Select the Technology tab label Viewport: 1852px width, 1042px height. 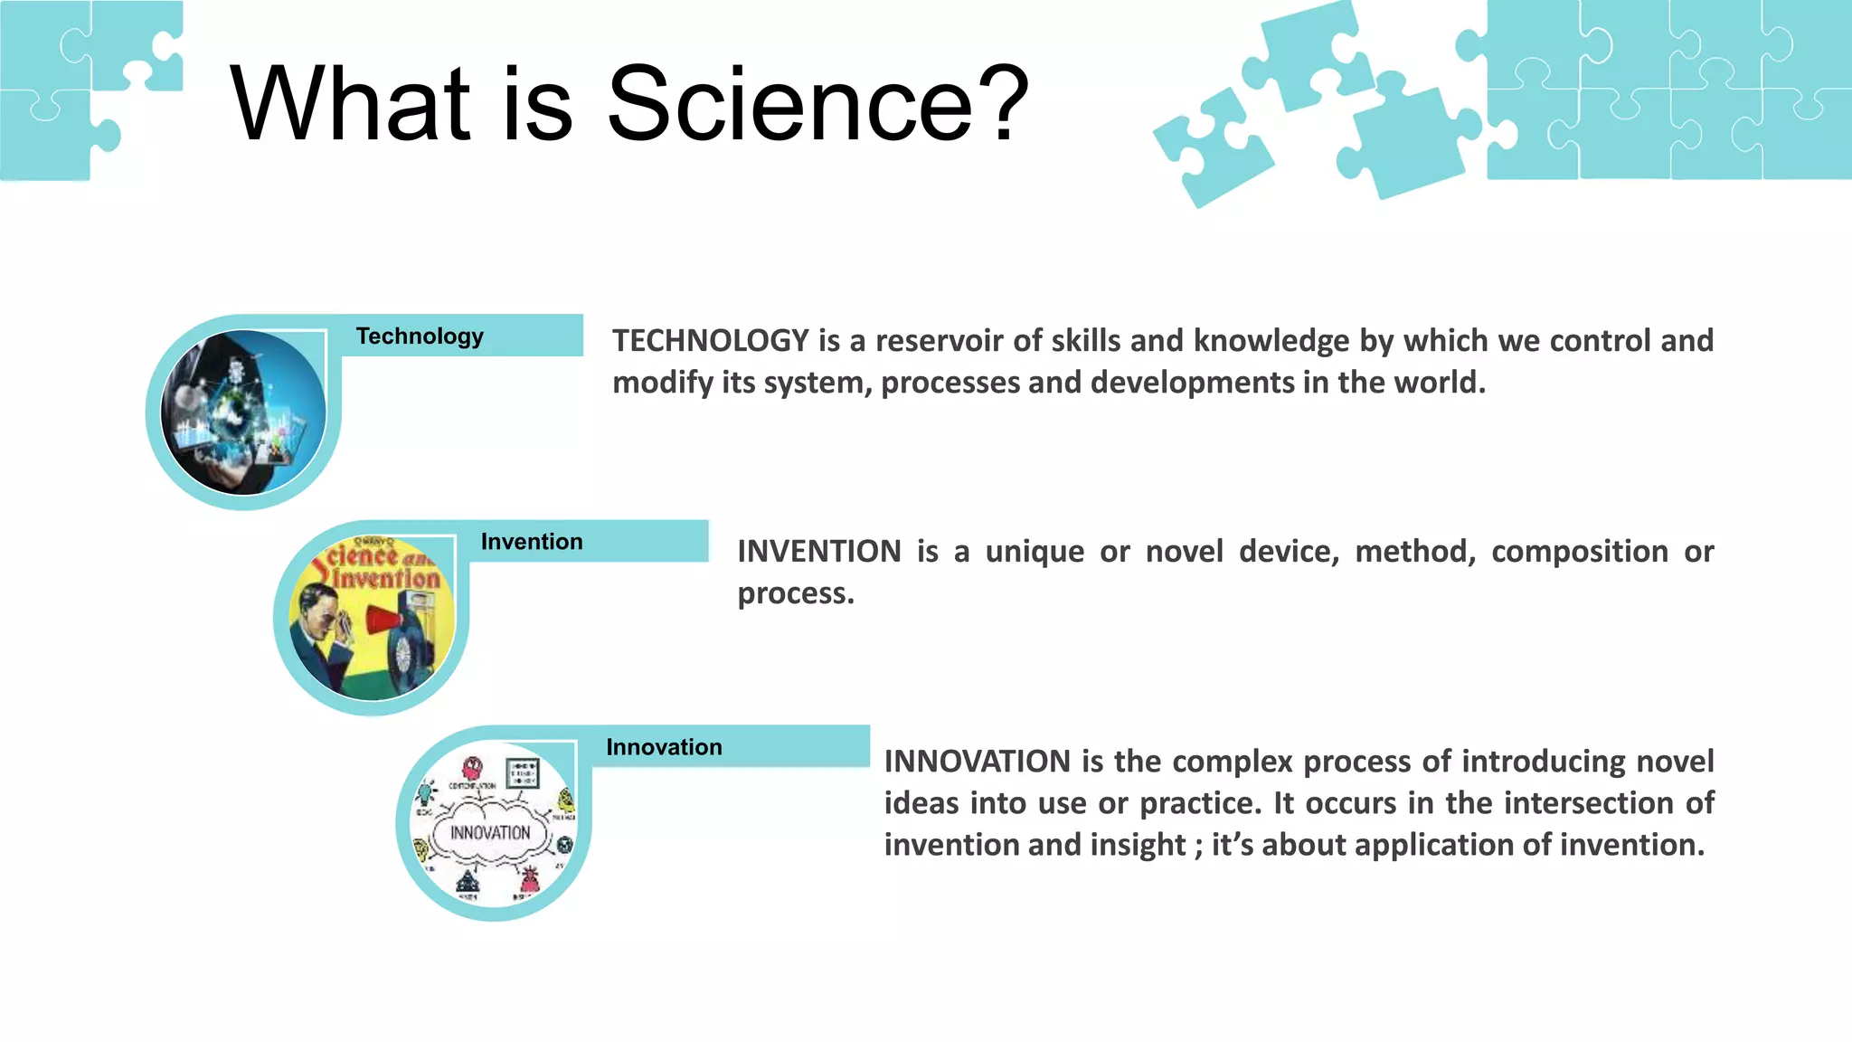pyautogui.click(x=420, y=336)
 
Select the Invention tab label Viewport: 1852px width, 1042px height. pyautogui.click(x=532, y=542)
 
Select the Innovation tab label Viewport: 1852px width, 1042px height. pyautogui.click(x=664, y=747)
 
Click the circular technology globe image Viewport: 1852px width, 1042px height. pyautogui.click(x=243, y=412)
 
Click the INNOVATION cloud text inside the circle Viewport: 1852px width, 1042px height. pyautogui.click(x=490, y=832)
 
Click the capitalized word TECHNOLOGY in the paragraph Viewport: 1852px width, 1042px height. pyautogui.click(x=710, y=341)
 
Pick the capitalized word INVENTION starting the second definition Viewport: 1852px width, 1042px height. pyautogui.click(x=818, y=552)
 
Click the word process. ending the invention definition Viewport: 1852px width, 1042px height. pyautogui.click(x=795, y=593)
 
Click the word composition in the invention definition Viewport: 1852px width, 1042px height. pyautogui.click(x=1579, y=552)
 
